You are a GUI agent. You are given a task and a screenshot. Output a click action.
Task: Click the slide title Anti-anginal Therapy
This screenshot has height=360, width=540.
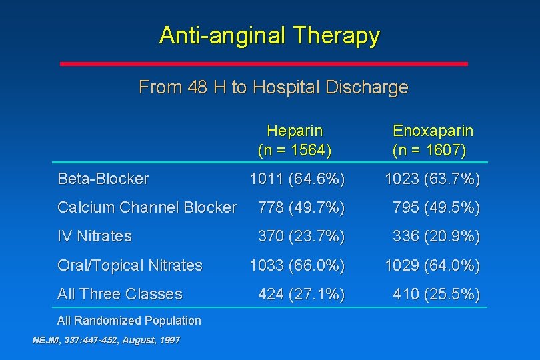[269, 35]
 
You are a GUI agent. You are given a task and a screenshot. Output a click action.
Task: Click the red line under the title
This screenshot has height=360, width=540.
[264, 64]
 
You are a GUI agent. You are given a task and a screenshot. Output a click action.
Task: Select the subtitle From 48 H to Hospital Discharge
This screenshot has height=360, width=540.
[273, 87]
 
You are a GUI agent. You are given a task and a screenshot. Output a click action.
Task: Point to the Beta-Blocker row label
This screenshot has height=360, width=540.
[103, 179]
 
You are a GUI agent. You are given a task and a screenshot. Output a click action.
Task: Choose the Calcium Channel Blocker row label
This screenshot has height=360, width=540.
[147, 207]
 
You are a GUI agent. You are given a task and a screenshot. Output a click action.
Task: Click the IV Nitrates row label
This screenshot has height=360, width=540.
[95, 236]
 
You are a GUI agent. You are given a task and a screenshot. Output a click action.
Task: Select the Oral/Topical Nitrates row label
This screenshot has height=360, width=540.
[130, 265]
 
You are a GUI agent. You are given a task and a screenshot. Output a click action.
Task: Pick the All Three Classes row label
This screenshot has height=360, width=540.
[120, 294]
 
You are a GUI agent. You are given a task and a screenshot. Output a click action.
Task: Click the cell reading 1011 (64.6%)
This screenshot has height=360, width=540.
[297, 179]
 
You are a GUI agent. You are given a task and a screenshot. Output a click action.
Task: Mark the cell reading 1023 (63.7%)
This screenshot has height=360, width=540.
[432, 179]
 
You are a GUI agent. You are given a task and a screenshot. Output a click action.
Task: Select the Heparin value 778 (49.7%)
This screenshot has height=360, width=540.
[301, 207]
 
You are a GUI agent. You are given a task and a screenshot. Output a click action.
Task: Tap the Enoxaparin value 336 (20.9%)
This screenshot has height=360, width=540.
[436, 236]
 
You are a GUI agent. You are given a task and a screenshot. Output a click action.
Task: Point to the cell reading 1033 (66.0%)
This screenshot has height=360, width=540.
[297, 265]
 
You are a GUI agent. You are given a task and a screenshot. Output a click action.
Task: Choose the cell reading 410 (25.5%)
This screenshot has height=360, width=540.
[436, 294]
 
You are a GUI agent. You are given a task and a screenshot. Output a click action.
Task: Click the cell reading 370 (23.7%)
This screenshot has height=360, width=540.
[301, 236]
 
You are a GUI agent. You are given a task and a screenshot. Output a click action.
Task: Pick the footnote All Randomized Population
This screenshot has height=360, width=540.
[129, 321]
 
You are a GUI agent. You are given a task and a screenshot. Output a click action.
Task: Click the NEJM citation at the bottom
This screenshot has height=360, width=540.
[106, 340]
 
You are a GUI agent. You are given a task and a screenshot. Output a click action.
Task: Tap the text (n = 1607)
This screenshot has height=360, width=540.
[429, 150]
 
